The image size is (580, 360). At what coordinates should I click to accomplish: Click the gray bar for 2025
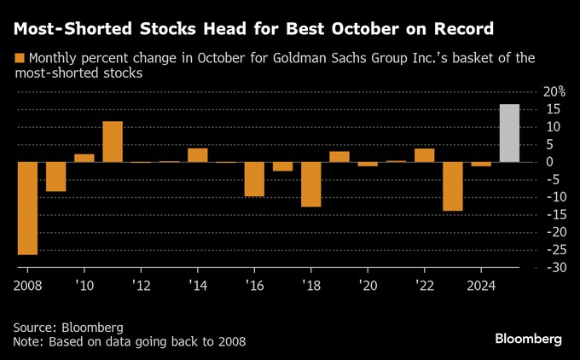[x=509, y=133]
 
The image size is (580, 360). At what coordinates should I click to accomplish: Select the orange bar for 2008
[x=27, y=208]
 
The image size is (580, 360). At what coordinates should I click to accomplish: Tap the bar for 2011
[x=113, y=142]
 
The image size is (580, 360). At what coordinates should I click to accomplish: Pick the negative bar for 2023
[x=453, y=186]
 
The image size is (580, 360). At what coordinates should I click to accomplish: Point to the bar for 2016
[x=254, y=179]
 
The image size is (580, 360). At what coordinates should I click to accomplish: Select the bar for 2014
[x=198, y=155]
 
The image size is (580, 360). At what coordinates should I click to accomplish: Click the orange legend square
[x=20, y=59]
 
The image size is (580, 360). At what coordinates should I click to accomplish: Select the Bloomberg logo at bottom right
[x=528, y=339]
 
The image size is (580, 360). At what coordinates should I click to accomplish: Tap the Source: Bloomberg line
[x=68, y=327]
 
